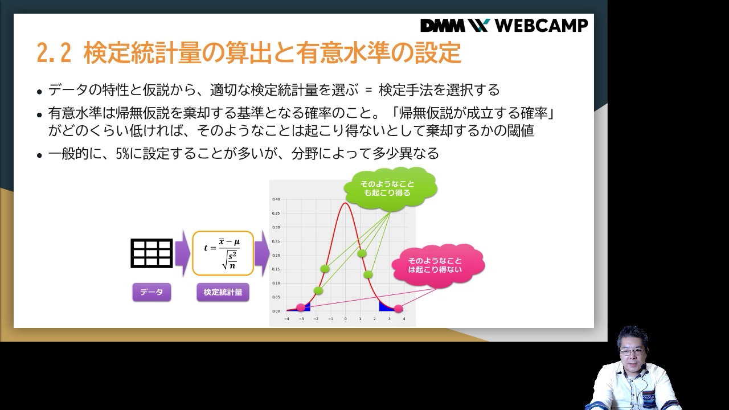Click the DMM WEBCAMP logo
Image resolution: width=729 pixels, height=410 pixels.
(503, 26)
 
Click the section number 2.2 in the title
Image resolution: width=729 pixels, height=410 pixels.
(54, 54)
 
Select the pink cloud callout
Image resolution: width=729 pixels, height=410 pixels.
(438, 265)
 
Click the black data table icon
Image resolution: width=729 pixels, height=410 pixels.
(151, 253)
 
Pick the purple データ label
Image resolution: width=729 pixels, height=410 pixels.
(151, 292)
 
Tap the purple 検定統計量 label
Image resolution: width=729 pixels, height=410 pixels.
(223, 292)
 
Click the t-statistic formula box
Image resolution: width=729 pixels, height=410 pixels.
(223, 253)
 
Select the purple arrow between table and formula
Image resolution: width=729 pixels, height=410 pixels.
(182, 253)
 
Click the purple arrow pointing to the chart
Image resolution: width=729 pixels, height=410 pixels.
(261, 253)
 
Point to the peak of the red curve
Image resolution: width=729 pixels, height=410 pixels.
(345, 203)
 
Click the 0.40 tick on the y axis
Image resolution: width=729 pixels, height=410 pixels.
(276, 199)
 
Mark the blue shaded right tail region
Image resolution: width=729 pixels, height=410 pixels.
(386, 307)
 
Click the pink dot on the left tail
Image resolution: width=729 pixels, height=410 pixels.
(301, 307)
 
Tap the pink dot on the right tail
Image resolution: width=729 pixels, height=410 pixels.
(398, 309)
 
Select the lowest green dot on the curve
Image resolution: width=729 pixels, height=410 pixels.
(318, 290)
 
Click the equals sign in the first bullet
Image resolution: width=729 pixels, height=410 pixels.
(368, 91)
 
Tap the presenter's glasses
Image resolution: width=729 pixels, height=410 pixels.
(632, 352)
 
